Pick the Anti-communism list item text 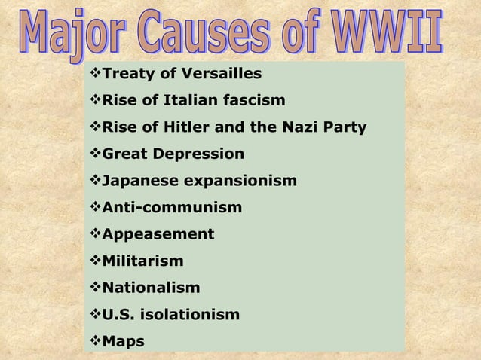click(x=172, y=207)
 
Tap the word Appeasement click(x=158, y=234)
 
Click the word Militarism click(x=142, y=261)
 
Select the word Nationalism click(x=151, y=288)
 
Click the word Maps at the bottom click(x=123, y=341)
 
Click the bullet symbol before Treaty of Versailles click(x=94, y=74)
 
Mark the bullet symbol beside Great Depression click(x=94, y=154)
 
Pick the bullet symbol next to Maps click(x=94, y=341)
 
